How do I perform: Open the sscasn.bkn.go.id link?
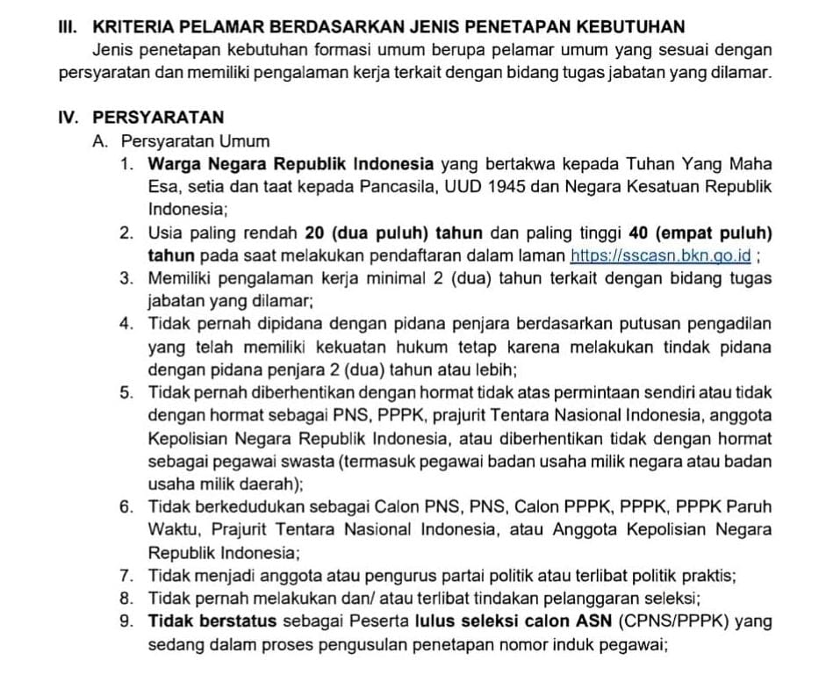click(x=661, y=255)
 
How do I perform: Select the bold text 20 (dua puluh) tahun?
click(x=379, y=233)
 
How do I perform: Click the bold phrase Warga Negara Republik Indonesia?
click(x=291, y=164)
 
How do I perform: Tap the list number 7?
click(x=127, y=576)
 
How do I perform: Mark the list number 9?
click(x=127, y=621)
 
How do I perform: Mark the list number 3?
click(x=127, y=278)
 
